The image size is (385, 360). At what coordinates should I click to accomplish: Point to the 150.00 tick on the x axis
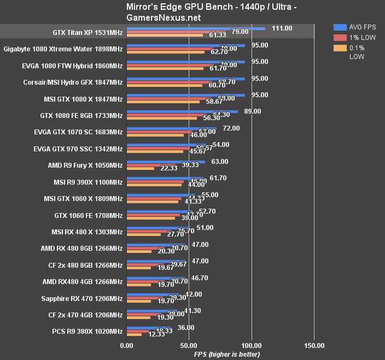pyautogui.click(x=314, y=345)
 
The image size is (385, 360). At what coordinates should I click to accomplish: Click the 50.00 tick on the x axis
pyautogui.click(x=189, y=345)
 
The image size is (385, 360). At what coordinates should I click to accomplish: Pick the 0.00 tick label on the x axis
pyautogui.click(x=126, y=345)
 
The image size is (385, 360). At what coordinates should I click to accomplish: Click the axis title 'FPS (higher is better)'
pyautogui.click(x=227, y=354)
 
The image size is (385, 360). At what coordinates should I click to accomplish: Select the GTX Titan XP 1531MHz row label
pyautogui.click(x=87, y=32)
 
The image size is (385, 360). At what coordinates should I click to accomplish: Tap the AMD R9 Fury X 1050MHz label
pyautogui.click(x=85, y=165)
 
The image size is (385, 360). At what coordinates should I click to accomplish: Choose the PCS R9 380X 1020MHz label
pyautogui.click(x=87, y=331)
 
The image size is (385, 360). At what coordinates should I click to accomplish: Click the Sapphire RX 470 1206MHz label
pyautogui.click(x=82, y=298)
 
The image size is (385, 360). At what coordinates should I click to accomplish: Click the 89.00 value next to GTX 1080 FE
pyautogui.click(x=253, y=111)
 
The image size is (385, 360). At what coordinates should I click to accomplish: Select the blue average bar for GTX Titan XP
pyautogui.click(x=196, y=28)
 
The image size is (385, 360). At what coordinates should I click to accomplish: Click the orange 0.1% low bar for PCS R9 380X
pyautogui.click(x=134, y=335)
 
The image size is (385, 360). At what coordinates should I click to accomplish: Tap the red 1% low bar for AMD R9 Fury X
pyautogui.click(x=143, y=165)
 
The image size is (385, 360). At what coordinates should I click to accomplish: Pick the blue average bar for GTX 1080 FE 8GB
pyautogui.click(x=182, y=111)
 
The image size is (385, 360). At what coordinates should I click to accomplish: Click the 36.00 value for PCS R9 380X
pyautogui.click(x=186, y=328)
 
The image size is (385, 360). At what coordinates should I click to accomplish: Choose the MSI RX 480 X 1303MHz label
pyautogui.click(x=86, y=232)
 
